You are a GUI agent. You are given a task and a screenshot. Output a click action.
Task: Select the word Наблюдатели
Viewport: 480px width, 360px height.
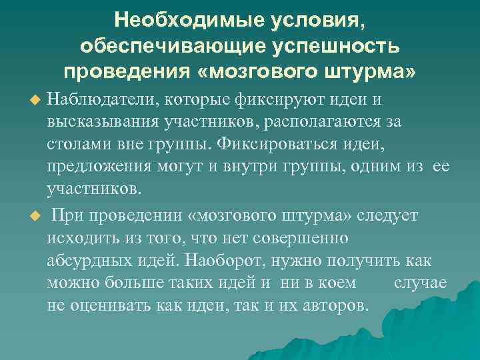tap(100, 99)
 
